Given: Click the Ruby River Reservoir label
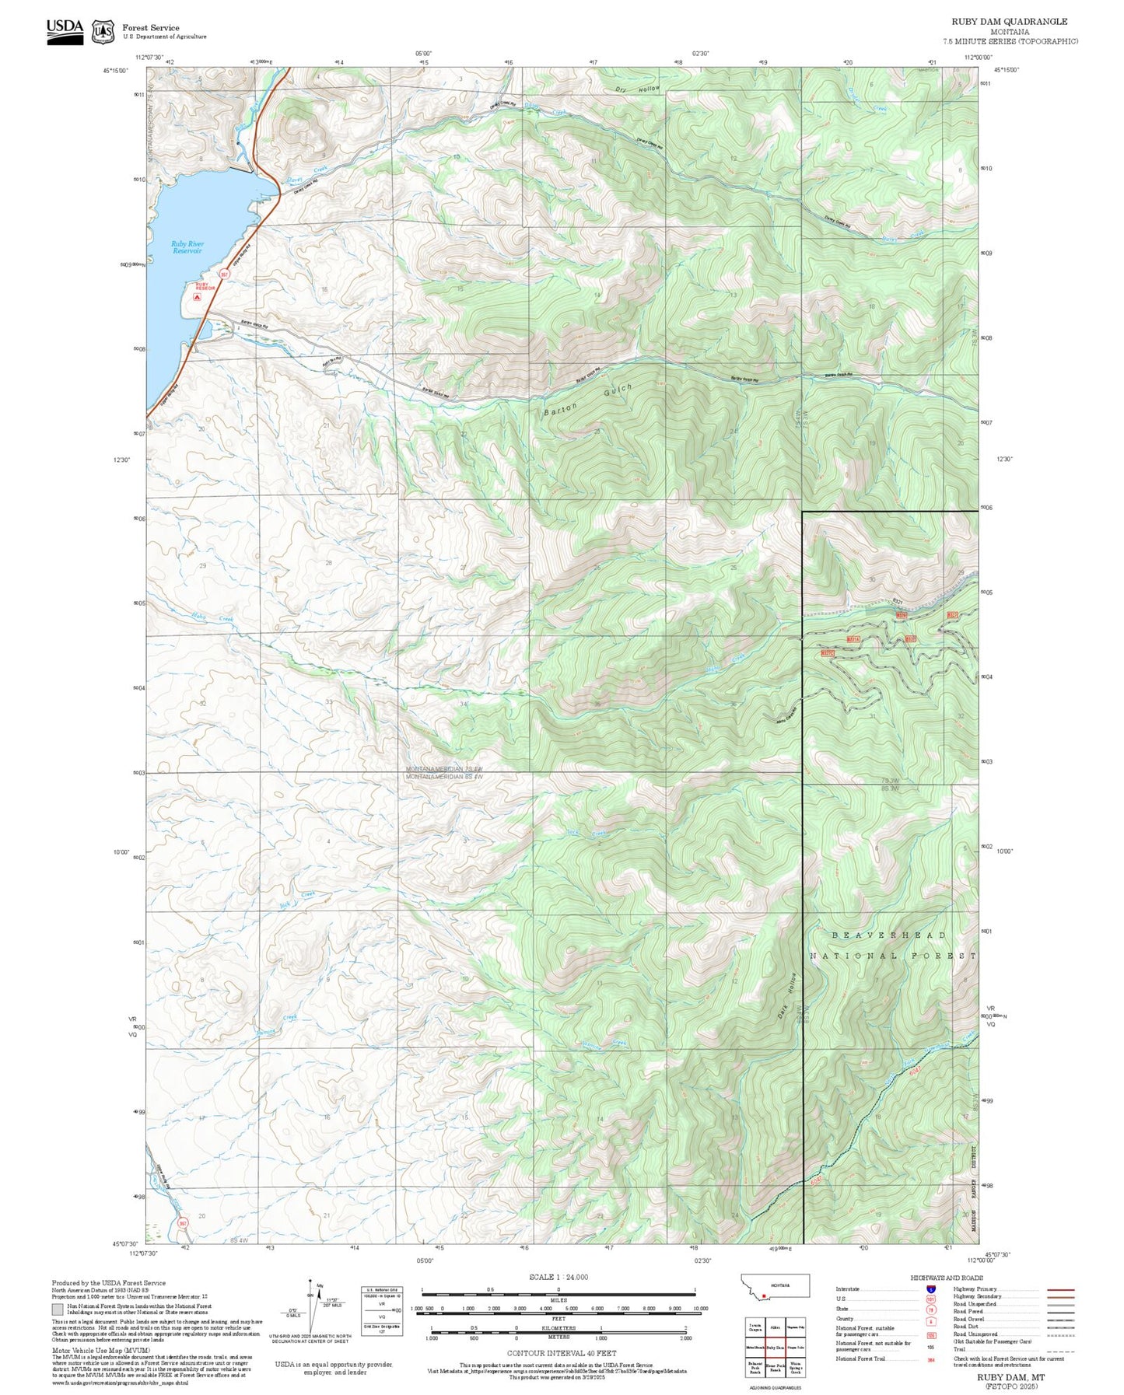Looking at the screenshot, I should point(187,247).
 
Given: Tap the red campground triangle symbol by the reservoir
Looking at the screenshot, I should point(196,296).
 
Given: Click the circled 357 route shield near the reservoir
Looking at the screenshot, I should point(224,274).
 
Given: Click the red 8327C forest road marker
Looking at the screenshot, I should point(828,653).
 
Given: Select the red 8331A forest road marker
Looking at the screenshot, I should point(853,639).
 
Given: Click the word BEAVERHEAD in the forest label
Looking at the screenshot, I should point(888,935).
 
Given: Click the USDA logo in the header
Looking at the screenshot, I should point(65,31).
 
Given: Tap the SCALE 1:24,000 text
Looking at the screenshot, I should point(558,1277).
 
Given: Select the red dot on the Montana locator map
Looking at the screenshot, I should point(765,1296).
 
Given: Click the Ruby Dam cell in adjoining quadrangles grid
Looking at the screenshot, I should point(775,1348).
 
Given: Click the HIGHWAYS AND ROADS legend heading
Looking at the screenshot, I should point(947,1278).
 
